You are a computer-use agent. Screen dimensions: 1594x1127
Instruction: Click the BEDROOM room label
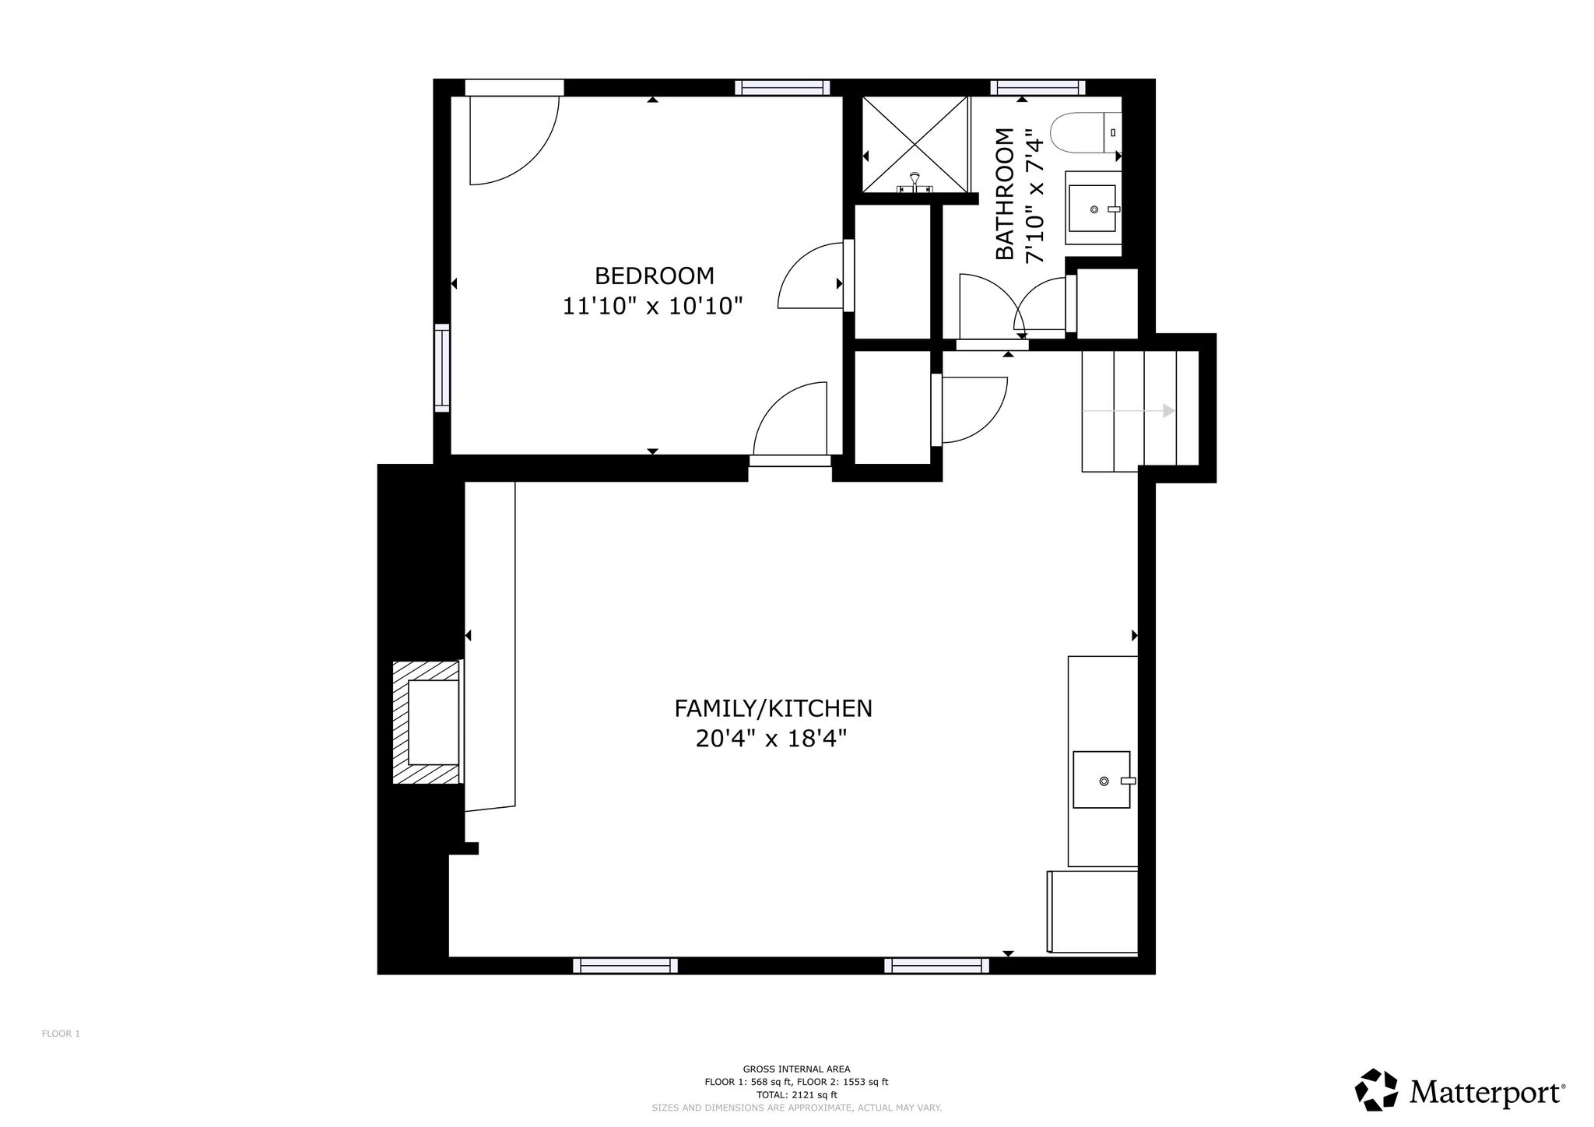pos(654,276)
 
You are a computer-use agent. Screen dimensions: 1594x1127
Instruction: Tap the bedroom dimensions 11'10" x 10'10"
pos(653,307)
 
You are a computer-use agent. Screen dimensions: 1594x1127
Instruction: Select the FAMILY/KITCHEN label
pos(773,708)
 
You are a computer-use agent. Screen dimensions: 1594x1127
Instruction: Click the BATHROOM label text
pos(1005,194)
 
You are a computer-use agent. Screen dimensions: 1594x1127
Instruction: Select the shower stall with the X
pos(915,144)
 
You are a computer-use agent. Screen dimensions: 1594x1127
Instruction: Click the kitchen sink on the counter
pos(1102,779)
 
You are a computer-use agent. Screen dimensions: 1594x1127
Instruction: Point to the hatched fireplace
pos(427,721)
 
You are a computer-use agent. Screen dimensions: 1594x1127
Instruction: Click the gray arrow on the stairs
pos(1129,410)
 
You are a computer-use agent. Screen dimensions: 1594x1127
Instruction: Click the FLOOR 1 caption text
pos(61,1034)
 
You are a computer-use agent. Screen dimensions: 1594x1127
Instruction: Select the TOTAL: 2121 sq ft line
pos(796,1094)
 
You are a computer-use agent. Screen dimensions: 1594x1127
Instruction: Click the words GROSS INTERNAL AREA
pos(796,1069)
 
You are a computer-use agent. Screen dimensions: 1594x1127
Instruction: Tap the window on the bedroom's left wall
pos(442,367)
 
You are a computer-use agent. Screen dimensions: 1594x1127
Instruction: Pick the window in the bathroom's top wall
pos(1038,87)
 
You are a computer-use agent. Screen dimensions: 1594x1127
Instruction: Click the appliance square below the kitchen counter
pos(1091,911)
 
